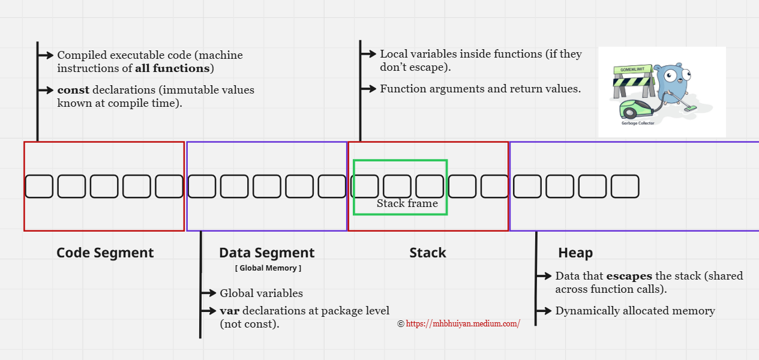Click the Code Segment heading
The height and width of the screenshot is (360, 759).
tap(105, 253)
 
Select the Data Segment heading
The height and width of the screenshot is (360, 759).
tap(266, 253)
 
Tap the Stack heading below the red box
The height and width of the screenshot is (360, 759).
tap(428, 253)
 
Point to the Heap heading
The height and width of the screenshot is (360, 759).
tap(575, 253)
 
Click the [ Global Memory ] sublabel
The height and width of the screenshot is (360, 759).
tap(268, 268)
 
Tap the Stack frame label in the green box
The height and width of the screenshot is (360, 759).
tap(407, 203)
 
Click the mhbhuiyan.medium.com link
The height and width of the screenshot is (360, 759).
tap(463, 323)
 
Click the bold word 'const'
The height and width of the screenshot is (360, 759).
tap(73, 90)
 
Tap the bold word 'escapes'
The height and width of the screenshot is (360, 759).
tap(629, 276)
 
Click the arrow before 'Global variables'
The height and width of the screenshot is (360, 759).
tap(209, 293)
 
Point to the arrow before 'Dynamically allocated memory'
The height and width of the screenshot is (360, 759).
tap(544, 311)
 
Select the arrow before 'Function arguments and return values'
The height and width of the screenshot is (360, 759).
tap(368, 89)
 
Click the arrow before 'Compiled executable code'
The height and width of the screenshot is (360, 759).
tap(46, 55)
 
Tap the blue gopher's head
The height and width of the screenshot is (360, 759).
tap(671, 76)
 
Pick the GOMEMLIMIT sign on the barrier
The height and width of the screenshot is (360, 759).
tap(632, 70)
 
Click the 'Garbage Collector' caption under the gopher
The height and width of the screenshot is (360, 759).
tap(638, 123)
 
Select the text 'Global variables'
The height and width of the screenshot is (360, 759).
tap(261, 293)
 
